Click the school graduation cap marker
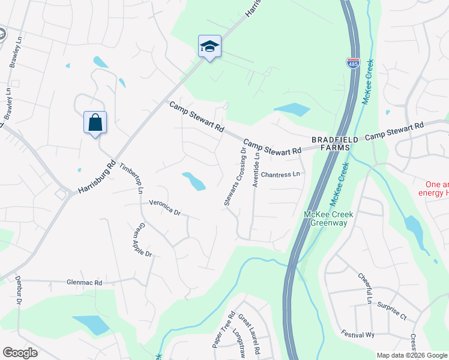pyautogui.click(x=210, y=46)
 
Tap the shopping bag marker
pyautogui.click(x=95, y=122)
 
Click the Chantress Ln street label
pyautogui.click(x=280, y=175)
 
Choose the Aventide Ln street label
pyautogui.click(x=256, y=169)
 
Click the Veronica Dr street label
pyautogui.click(x=164, y=208)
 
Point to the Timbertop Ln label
pyautogui.click(x=131, y=178)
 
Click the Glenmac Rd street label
pyautogui.click(x=85, y=282)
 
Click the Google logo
pyautogui.click(x=20, y=353)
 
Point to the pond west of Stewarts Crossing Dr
pyautogui.click(x=194, y=181)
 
